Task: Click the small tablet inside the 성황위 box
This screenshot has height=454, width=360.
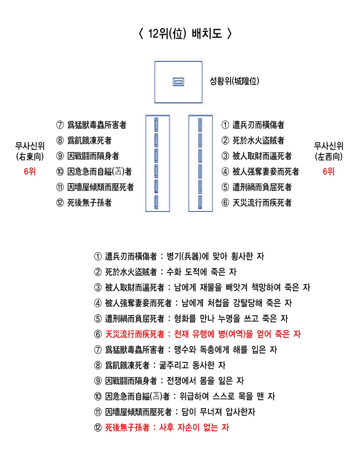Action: (179, 82)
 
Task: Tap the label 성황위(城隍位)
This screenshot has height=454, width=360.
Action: (234, 81)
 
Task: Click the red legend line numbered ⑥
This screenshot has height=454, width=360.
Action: (197, 334)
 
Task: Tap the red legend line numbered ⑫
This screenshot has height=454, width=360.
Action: (162, 428)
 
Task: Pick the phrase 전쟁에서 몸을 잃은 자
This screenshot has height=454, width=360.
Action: (205, 381)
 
